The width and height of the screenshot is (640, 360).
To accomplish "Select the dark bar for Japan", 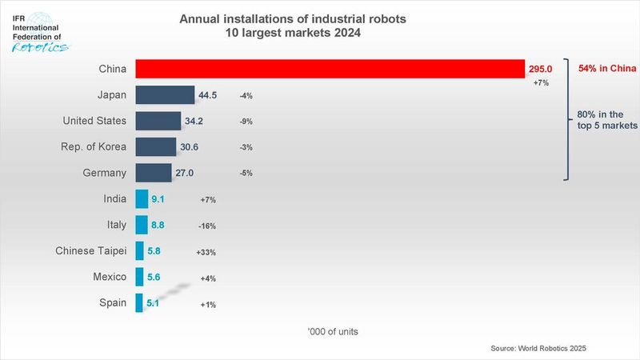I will [165, 95].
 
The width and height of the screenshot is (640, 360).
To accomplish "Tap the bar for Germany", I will [154, 173].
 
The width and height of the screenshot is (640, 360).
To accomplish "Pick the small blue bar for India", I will [142, 199].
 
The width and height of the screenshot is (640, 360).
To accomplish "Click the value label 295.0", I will [541, 70].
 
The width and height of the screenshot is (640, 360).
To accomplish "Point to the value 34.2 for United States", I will [195, 122].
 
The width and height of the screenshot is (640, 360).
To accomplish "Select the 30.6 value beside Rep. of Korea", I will [190, 147].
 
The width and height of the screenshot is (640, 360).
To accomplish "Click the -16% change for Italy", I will [206, 226].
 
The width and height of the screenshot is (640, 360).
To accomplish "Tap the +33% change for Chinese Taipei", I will [206, 252].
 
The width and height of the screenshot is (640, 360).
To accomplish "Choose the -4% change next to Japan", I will [246, 96].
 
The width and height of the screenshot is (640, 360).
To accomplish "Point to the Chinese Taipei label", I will [90, 251].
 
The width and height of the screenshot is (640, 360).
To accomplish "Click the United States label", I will [94, 121].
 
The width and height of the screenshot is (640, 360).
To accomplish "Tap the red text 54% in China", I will [606, 69].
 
